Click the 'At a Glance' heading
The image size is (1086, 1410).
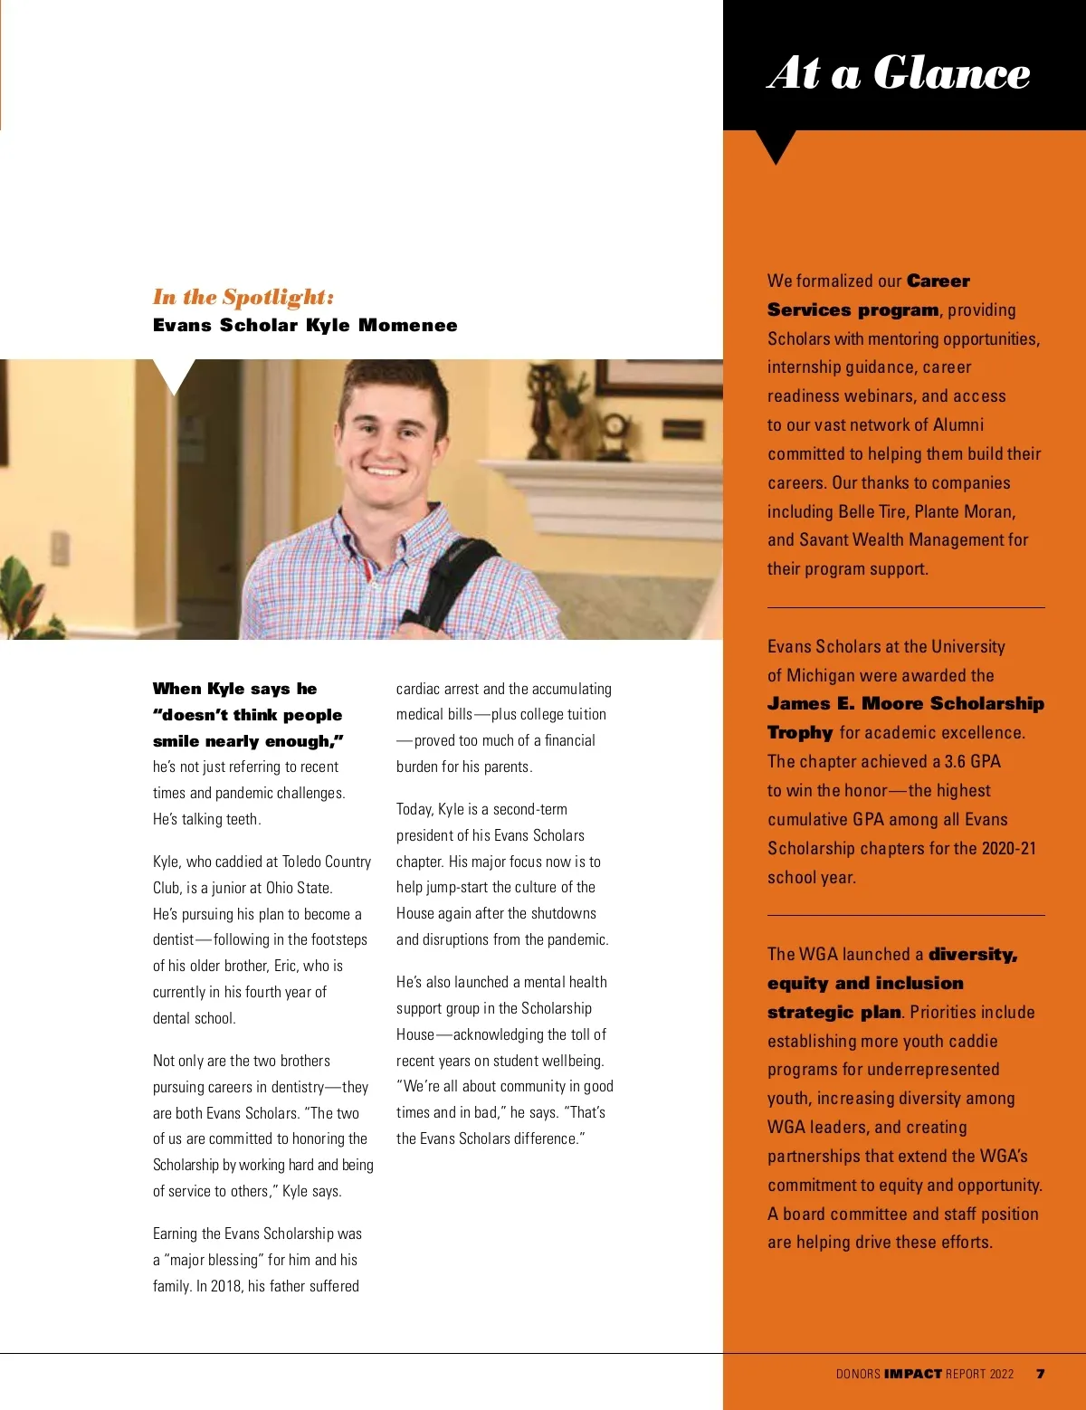click(x=899, y=72)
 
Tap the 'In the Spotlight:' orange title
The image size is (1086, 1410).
click(x=243, y=297)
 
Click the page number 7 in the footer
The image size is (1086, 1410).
click(x=1041, y=1373)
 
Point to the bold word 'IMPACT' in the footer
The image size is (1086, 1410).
click(x=913, y=1374)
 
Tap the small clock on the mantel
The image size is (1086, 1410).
click(x=615, y=424)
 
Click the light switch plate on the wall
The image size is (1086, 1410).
click(x=60, y=548)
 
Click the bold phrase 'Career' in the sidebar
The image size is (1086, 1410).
click(x=938, y=281)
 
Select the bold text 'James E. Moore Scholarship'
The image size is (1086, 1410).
click(x=905, y=703)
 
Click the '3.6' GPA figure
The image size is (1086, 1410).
click(x=955, y=761)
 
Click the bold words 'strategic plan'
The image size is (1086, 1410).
click(x=834, y=1012)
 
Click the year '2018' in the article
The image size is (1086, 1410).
click(x=226, y=1285)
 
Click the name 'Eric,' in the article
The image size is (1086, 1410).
click(x=286, y=966)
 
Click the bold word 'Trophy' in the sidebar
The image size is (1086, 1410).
click(x=800, y=732)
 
